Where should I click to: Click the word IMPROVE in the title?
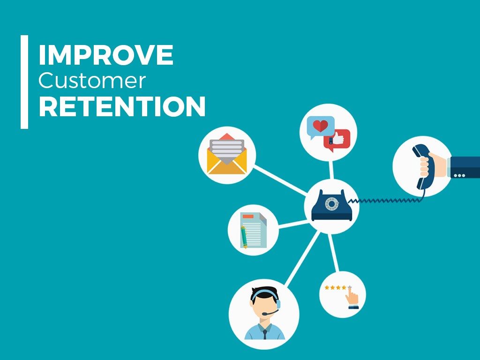(106, 55)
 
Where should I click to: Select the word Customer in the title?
(92, 81)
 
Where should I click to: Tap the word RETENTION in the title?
(122, 107)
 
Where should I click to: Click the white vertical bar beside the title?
(24, 82)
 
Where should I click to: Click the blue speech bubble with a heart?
(320, 126)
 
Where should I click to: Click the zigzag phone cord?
(384, 200)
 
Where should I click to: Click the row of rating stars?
(337, 287)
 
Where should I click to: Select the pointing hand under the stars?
(352, 298)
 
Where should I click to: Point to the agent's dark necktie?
(264, 334)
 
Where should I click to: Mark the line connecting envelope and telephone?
(280, 179)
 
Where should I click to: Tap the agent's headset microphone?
(266, 314)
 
